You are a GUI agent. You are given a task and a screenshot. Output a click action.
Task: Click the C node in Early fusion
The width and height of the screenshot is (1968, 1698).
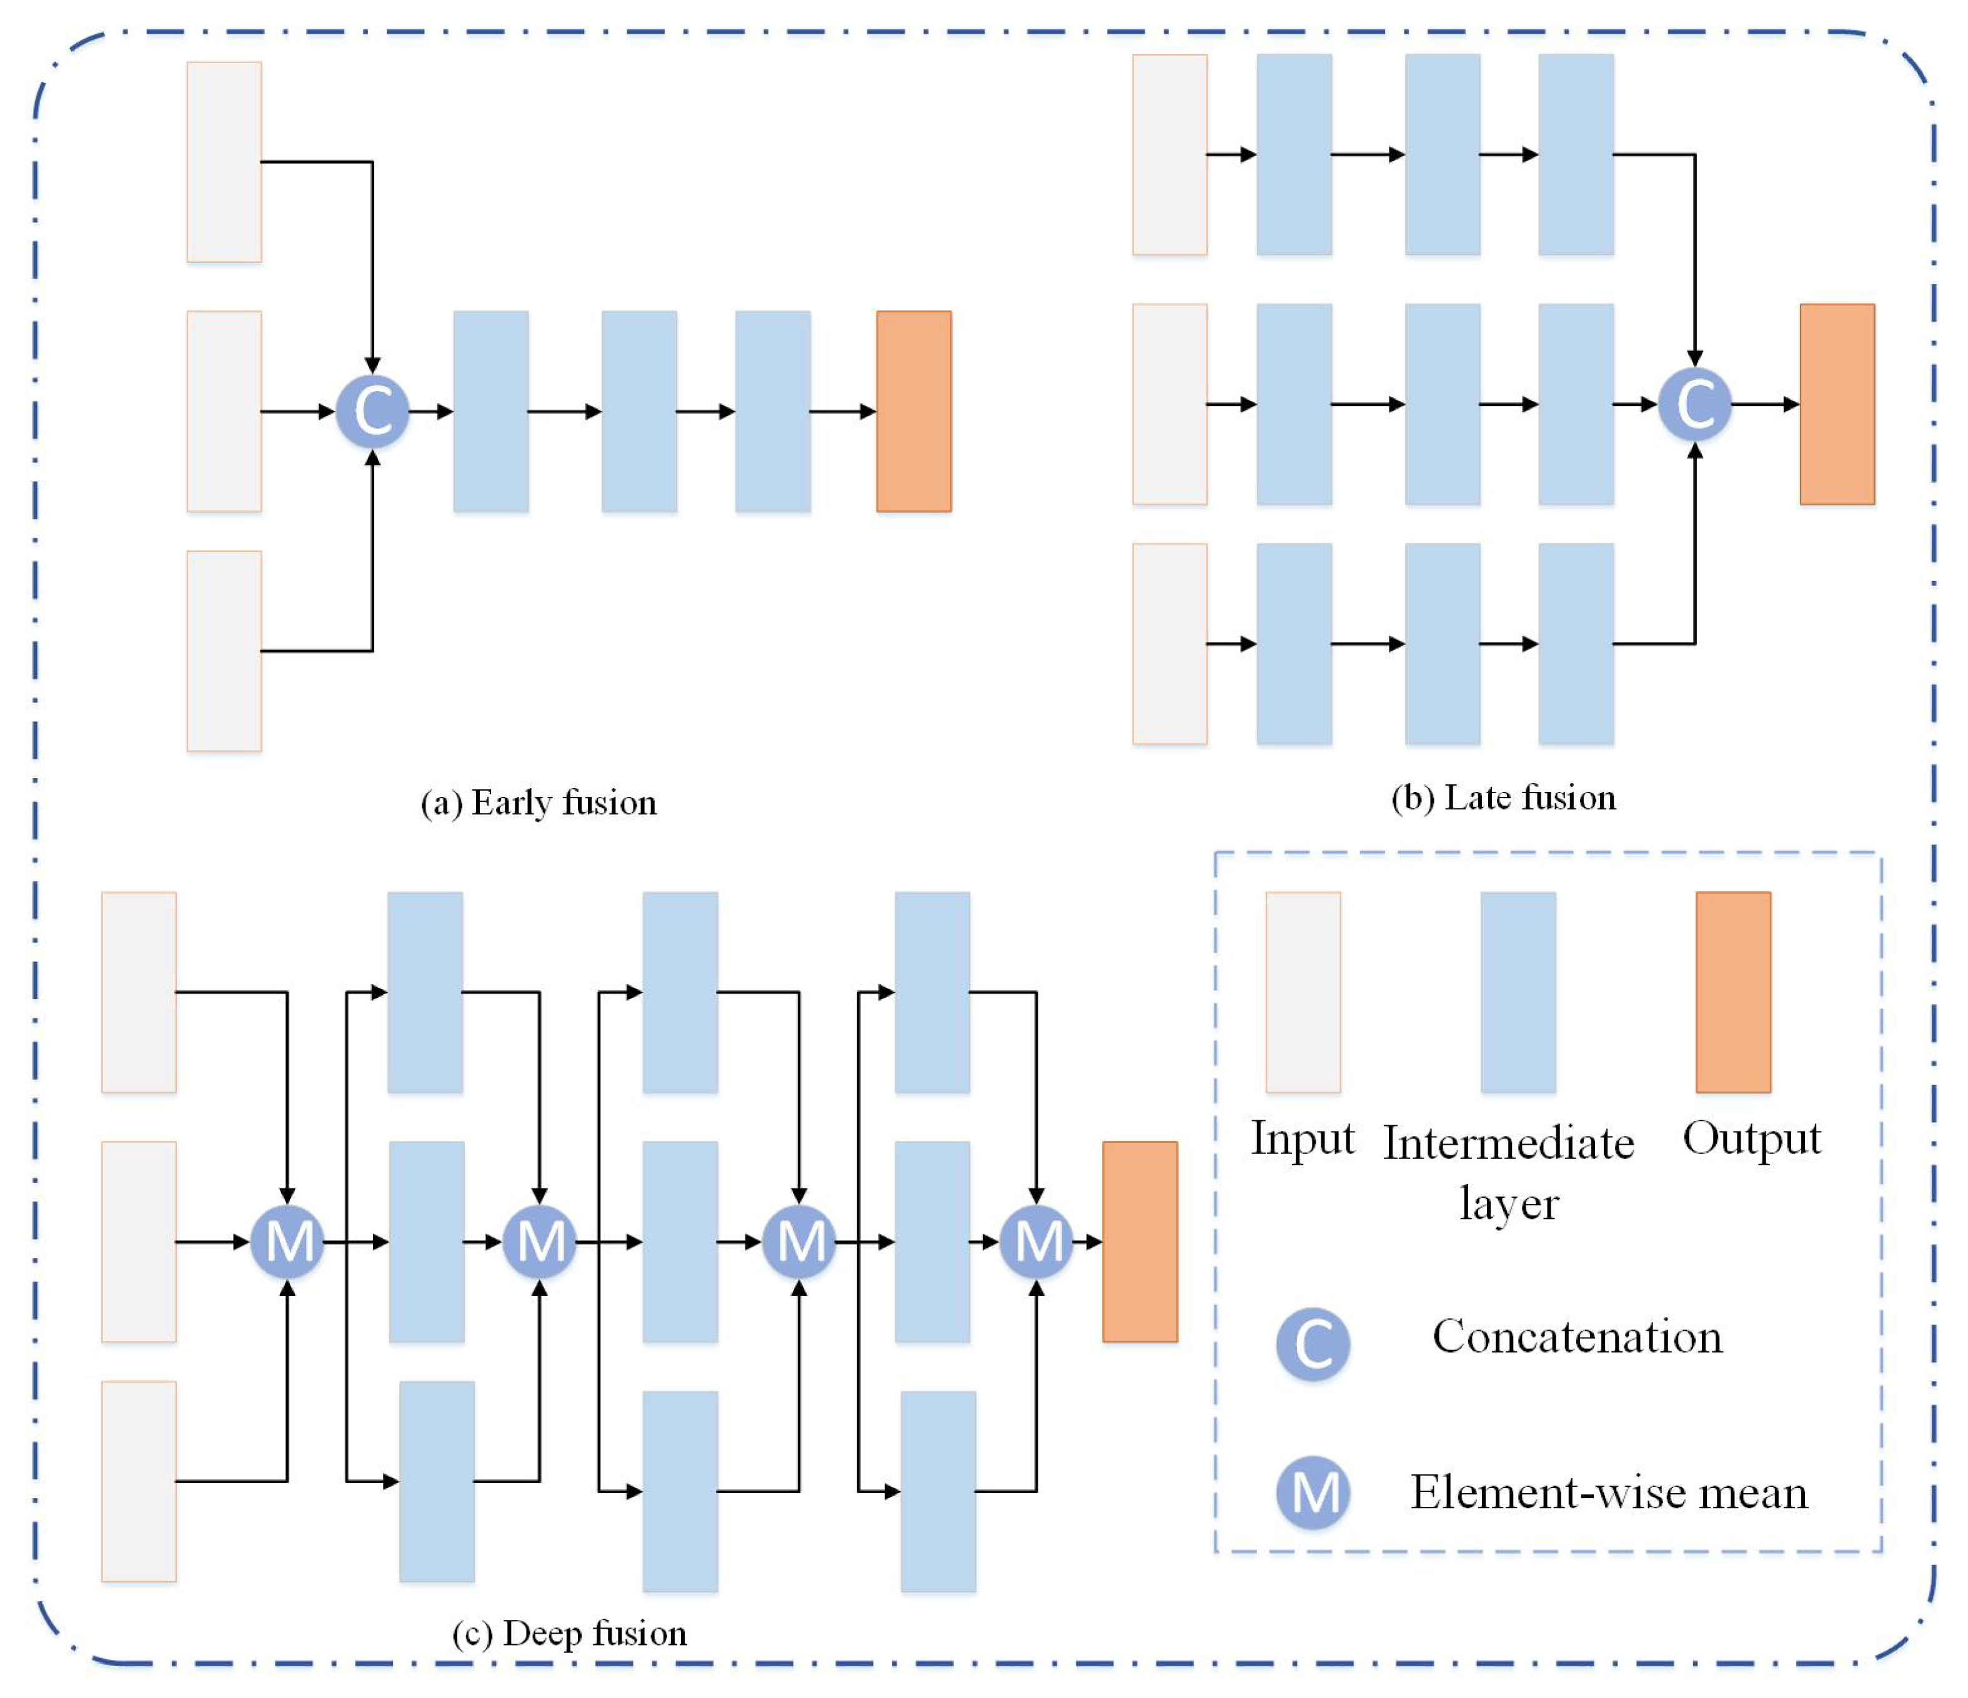click(x=372, y=411)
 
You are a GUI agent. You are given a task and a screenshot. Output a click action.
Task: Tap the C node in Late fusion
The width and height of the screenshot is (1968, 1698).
click(x=1694, y=405)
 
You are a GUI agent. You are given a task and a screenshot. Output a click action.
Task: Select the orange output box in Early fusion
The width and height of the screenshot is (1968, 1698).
click(x=913, y=411)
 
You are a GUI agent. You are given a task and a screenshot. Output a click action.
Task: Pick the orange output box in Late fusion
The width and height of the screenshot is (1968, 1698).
click(x=1837, y=405)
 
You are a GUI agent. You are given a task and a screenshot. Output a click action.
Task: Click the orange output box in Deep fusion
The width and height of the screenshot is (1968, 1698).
click(x=1140, y=1241)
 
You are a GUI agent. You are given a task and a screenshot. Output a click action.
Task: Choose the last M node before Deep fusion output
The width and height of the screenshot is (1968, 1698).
click(x=1036, y=1241)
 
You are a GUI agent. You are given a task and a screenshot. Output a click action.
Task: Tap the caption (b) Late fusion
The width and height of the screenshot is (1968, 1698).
click(x=1504, y=797)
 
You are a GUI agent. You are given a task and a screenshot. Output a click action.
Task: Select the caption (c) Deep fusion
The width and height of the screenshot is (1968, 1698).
click(x=570, y=1634)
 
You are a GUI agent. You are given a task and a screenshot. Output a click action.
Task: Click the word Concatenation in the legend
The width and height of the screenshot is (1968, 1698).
click(x=1577, y=1337)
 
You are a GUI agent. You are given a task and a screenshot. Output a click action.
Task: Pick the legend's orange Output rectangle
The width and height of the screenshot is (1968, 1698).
click(x=1733, y=992)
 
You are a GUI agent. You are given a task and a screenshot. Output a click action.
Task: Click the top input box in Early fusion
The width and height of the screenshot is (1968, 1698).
click(x=224, y=162)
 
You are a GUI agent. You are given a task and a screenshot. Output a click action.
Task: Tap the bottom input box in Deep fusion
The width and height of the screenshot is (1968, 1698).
click(x=139, y=1481)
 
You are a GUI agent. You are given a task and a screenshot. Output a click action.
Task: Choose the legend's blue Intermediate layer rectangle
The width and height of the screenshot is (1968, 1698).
click(x=1518, y=992)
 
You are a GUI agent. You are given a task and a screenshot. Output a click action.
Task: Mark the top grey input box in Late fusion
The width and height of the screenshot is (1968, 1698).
click(x=1170, y=155)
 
